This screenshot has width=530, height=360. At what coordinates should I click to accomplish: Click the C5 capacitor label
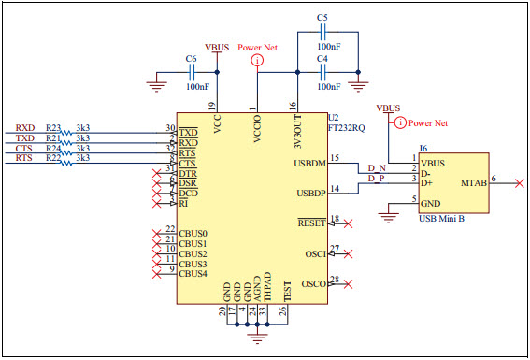coord(322,18)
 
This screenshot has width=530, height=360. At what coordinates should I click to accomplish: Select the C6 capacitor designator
coord(191,59)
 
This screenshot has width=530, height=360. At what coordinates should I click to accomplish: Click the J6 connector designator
coord(423,148)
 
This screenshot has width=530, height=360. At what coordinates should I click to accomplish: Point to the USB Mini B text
coord(443,217)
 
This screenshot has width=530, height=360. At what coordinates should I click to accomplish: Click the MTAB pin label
coord(473,184)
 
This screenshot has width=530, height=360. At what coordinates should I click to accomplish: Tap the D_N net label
coord(375,166)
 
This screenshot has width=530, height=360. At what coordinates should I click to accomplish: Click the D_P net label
coord(375,177)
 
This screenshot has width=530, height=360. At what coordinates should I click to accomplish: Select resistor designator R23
coord(53,127)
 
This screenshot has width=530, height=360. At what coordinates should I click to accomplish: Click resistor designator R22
coord(53,158)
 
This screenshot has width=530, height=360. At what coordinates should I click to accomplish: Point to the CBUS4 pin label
coord(193,274)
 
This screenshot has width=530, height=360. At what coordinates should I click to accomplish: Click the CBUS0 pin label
coord(193,233)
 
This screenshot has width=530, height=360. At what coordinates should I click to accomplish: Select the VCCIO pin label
coord(257,124)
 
